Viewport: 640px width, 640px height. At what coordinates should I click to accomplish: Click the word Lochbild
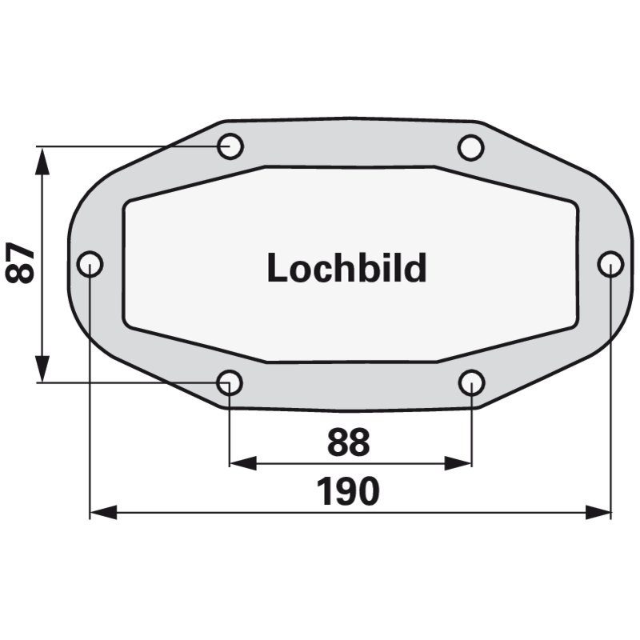pyautogui.click(x=347, y=268)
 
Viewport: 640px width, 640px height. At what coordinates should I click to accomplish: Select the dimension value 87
pyautogui.click(x=20, y=262)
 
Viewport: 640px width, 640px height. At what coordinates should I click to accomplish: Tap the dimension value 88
pyautogui.click(x=348, y=442)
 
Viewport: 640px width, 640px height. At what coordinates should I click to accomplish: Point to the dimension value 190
pyautogui.click(x=348, y=491)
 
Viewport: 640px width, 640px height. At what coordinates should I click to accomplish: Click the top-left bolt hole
pyautogui.click(x=230, y=146)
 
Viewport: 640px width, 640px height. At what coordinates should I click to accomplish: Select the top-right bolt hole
pyautogui.click(x=471, y=147)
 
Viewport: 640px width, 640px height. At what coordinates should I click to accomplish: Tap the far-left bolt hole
pyautogui.click(x=90, y=264)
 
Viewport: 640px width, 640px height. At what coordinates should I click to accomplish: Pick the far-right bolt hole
pyautogui.click(x=610, y=264)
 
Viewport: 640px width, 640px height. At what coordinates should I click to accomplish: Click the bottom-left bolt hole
pyautogui.click(x=230, y=383)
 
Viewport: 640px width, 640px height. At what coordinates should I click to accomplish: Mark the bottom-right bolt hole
pyautogui.click(x=471, y=383)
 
